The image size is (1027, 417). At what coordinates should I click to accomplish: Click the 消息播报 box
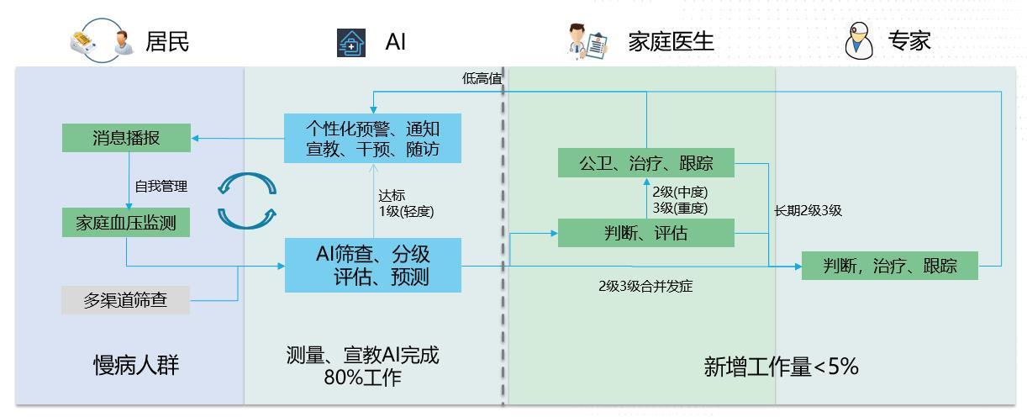click(126, 138)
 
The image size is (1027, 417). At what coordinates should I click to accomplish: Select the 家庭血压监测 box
click(126, 223)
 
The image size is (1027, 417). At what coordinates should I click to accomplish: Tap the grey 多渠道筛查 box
click(125, 300)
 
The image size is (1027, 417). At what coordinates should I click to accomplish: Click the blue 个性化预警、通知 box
click(372, 140)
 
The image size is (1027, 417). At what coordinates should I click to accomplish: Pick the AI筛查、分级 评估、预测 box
click(372, 265)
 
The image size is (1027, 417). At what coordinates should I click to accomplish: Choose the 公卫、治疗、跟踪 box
click(645, 163)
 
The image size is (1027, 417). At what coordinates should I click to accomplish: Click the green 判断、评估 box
click(645, 233)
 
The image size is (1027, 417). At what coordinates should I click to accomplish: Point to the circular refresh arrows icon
click(246, 200)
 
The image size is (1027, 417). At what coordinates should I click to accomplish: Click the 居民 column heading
click(167, 41)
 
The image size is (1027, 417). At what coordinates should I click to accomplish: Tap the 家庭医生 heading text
click(671, 41)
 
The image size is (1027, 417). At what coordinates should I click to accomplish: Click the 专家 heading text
click(910, 41)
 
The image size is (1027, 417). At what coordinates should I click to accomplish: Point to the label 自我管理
click(161, 186)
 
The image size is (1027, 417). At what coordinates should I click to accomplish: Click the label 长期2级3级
click(808, 210)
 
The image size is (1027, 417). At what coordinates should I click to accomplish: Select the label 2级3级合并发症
click(645, 286)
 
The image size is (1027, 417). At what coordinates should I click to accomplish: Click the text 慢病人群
click(136, 365)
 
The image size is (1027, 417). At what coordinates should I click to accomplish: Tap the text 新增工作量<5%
click(781, 367)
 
